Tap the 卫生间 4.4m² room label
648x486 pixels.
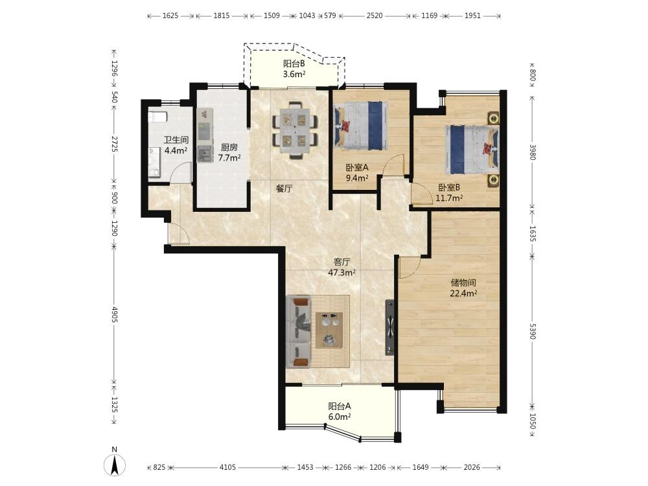coord(176,145)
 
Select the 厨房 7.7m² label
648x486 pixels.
coord(229,152)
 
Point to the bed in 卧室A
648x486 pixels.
coord(361,126)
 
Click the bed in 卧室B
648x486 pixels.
coord(472,149)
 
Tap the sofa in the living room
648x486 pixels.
coord(298,331)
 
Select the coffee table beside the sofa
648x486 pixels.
coord(329,330)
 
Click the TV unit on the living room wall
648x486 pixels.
coord(389,327)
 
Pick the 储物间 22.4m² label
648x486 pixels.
coord(464,288)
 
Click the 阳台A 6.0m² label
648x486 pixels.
coord(340,411)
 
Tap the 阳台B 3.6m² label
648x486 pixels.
coord(294,69)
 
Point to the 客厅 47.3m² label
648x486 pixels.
coord(342,268)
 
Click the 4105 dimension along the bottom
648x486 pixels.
coord(227,467)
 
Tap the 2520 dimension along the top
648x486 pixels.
coord(375,16)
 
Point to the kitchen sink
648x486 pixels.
coord(205,154)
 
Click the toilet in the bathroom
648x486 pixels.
coord(157,116)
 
